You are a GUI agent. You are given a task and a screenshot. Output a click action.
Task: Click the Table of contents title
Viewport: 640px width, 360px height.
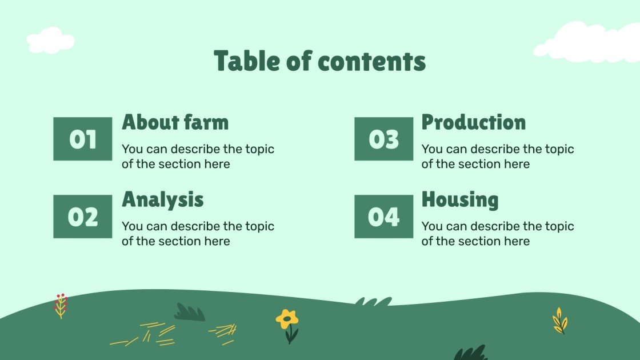(x=319, y=61)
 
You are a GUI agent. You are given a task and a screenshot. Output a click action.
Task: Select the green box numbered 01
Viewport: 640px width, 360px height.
(x=83, y=139)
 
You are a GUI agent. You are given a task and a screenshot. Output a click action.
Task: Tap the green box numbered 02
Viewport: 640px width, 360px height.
(x=83, y=217)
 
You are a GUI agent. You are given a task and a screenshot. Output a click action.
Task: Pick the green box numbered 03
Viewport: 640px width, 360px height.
(x=383, y=139)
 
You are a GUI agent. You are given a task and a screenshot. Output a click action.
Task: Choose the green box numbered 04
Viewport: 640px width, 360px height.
(x=383, y=217)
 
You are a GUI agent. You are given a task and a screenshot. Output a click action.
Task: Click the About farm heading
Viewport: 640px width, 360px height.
(x=175, y=122)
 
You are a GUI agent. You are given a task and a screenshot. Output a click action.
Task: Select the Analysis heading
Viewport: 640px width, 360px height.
(x=163, y=199)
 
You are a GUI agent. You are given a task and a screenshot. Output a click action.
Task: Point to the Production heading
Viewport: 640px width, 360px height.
(x=474, y=122)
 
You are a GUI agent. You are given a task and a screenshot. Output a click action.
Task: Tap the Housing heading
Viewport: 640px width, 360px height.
(x=460, y=199)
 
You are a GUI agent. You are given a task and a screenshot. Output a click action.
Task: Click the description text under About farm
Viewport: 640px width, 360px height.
(x=198, y=157)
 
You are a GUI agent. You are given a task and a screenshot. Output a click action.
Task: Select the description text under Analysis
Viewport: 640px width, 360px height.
(x=198, y=234)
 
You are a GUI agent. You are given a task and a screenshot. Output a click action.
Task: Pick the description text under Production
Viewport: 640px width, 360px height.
(x=498, y=157)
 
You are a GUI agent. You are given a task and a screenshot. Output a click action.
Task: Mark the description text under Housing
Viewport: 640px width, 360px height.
(x=498, y=234)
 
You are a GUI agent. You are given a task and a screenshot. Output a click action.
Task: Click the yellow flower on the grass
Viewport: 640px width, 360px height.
(x=287, y=319)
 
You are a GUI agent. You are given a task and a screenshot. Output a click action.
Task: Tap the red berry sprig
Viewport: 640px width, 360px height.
(x=61, y=305)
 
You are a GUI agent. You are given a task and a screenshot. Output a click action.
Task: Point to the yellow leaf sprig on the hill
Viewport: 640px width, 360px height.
(x=559, y=321)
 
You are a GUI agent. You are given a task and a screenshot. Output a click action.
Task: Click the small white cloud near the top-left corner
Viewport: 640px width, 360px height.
(x=50, y=41)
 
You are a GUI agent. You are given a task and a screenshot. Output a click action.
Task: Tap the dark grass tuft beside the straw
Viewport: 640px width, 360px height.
(x=190, y=313)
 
